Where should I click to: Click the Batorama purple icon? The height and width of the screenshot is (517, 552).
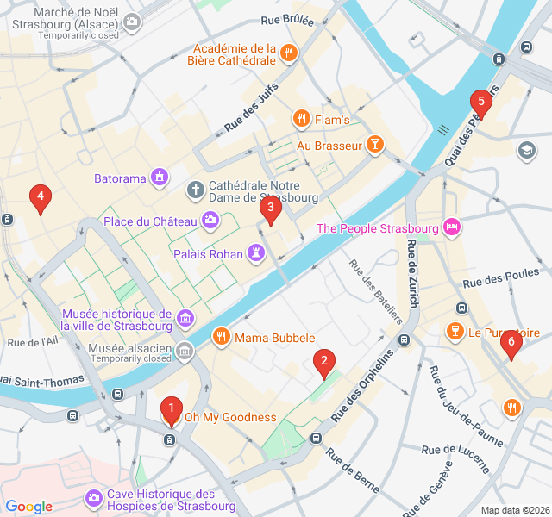pyautogui.click(x=159, y=178)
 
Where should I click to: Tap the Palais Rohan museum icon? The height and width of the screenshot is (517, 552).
pyautogui.click(x=255, y=253)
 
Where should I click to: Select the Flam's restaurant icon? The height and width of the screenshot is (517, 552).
pyautogui.click(x=300, y=119)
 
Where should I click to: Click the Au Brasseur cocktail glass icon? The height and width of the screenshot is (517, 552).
pyautogui.click(x=374, y=145)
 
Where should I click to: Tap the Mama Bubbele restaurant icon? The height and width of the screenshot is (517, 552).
pyautogui.click(x=222, y=337)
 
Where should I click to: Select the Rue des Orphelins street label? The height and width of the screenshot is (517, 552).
pyautogui.click(x=362, y=385)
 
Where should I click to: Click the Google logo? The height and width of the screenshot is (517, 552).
pyautogui.click(x=28, y=507)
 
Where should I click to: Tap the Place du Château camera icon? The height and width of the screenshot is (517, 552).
pyautogui.click(x=210, y=221)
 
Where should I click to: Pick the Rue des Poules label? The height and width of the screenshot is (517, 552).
pyautogui.click(x=500, y=282)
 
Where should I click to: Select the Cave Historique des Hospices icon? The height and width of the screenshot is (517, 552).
pyautogui.click(x=93, y=499)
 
